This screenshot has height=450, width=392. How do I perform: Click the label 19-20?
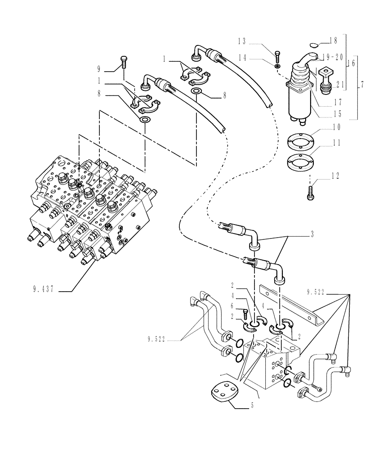coord(333,57)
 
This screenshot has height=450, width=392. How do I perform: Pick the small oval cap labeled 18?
coord(313,44)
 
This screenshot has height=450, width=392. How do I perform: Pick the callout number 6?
coord(232,306)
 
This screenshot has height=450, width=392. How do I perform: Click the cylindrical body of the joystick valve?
coord(300,102)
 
